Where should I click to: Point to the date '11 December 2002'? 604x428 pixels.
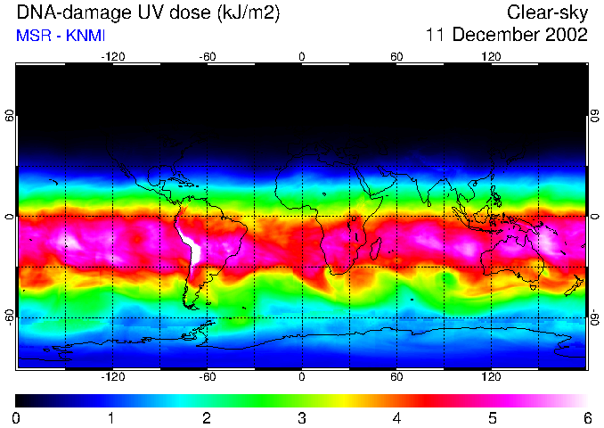(x=506, y=36)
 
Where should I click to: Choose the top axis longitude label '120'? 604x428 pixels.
(x=492, y=56)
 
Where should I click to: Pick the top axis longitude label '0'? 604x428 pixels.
(x=302, y=56)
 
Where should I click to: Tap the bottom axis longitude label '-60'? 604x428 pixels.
(x=207, y=378)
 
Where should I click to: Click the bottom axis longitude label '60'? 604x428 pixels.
(x=396, y=378)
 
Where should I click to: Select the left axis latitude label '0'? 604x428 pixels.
(x=10, y=217)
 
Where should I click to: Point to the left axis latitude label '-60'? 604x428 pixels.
(x=10, y=317)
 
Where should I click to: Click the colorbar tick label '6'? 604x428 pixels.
(x=587, y=417)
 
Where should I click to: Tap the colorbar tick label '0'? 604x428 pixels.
(x=17, y=417)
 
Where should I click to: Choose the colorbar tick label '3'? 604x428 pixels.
(x=302, y=417)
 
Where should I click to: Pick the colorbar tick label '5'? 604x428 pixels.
(x=492, y=417)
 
